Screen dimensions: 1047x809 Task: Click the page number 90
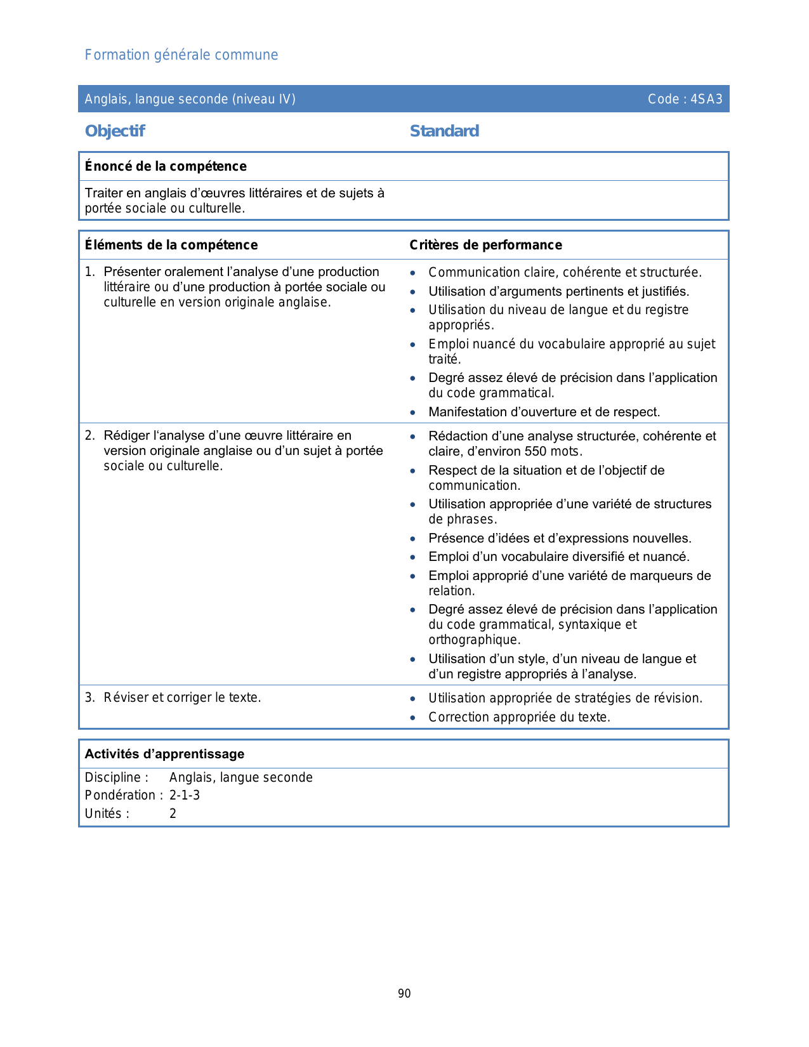point(404,994)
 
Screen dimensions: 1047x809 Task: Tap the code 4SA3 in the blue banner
point(706,99)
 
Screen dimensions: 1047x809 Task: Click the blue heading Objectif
point(115,131)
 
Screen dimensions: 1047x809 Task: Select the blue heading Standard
point(444,131)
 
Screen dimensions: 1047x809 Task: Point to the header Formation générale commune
point(181,55)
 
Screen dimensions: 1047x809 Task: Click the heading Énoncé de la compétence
point(166,166)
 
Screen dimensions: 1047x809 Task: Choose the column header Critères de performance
point(485,245)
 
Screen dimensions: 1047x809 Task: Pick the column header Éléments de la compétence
point(171,245)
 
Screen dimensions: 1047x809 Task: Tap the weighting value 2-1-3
point(185,795)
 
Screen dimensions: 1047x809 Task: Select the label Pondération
point(121,795)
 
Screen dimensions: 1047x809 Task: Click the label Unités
point(104,813)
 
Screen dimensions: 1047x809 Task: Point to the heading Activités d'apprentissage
point(164,754)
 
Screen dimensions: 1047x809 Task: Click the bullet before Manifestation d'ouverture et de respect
point(413,412)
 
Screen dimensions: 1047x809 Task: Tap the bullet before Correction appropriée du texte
point(413,718)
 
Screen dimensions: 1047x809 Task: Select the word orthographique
point(474,640)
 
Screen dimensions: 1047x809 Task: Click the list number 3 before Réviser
point(89,697)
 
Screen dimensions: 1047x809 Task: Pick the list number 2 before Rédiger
point(89,435)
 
